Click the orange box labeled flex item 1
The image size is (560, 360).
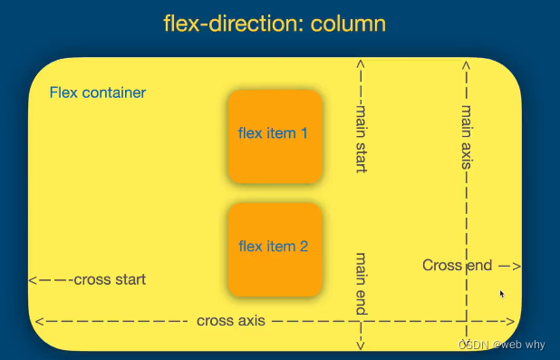(275, 135)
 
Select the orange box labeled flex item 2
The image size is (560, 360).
(275, 248)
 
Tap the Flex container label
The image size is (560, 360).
(98, 92)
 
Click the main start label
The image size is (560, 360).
(362, 137)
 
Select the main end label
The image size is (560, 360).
(362, 283)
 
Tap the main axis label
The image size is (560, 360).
(467, 136)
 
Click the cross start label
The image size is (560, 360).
(109, 279)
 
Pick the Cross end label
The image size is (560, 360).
(457, 265)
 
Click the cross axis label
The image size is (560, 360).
(230, 321)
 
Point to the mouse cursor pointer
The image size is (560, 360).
(503, 294)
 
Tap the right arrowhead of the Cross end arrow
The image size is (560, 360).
(517, 266)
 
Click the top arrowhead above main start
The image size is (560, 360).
(362, 64)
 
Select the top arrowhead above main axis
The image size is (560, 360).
(467, 64)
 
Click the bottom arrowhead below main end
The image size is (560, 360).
(362, 345)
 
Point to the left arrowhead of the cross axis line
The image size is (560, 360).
(39, 321)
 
